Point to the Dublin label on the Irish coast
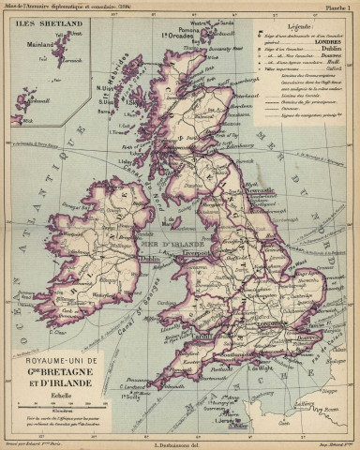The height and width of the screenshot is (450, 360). pos(123,262)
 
